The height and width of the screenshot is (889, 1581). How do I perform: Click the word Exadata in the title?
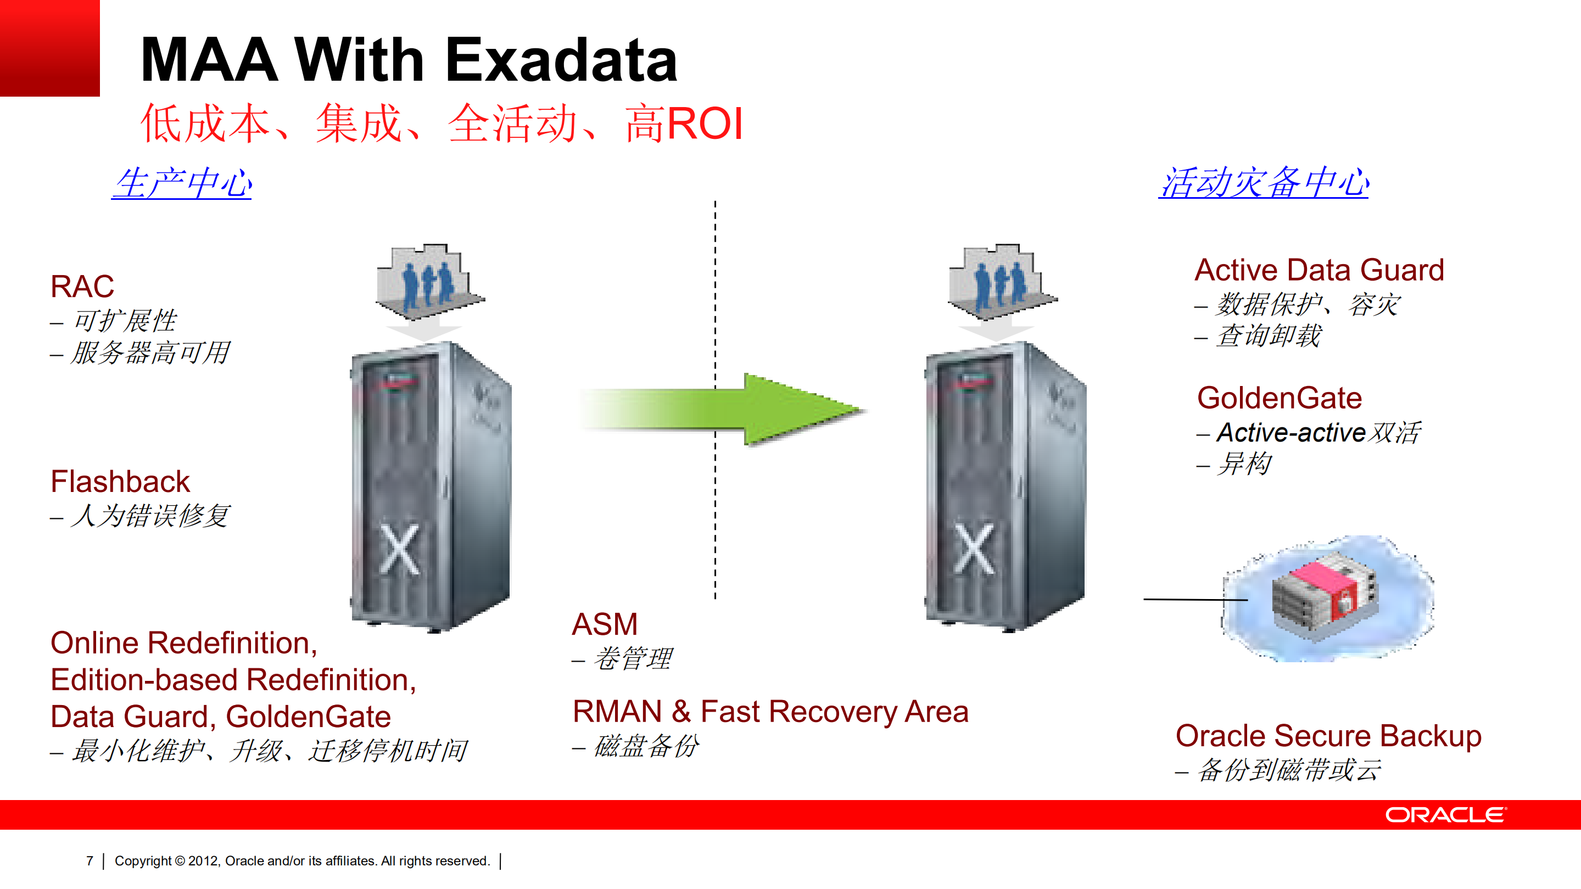tap(561, 60)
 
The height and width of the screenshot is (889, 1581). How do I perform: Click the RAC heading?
tap(82, 287)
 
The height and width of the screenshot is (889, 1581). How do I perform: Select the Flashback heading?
tap(120, 482)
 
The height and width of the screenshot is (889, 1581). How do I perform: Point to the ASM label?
tap(605, 624)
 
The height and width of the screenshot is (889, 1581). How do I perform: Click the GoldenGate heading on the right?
tap(1279, 398)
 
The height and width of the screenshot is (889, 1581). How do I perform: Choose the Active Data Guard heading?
tap(1319, 270)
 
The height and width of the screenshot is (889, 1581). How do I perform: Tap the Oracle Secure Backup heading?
tap(1328, 736)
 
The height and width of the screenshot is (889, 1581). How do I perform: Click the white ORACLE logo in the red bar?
tap(1445, 815)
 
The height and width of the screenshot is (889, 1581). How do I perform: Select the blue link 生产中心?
tap(182, 183)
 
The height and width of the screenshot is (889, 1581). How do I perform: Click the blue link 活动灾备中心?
tap(1263, 183)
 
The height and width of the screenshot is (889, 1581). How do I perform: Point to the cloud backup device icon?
tap(1326, 598)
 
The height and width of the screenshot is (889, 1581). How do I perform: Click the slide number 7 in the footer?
tap(90, 861)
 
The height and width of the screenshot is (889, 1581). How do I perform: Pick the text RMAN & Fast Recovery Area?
tap(770, 712)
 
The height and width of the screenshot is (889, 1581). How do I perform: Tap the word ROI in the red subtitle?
tap(705, 124)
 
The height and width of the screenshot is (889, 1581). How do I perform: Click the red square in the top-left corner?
tap(49, 48)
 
